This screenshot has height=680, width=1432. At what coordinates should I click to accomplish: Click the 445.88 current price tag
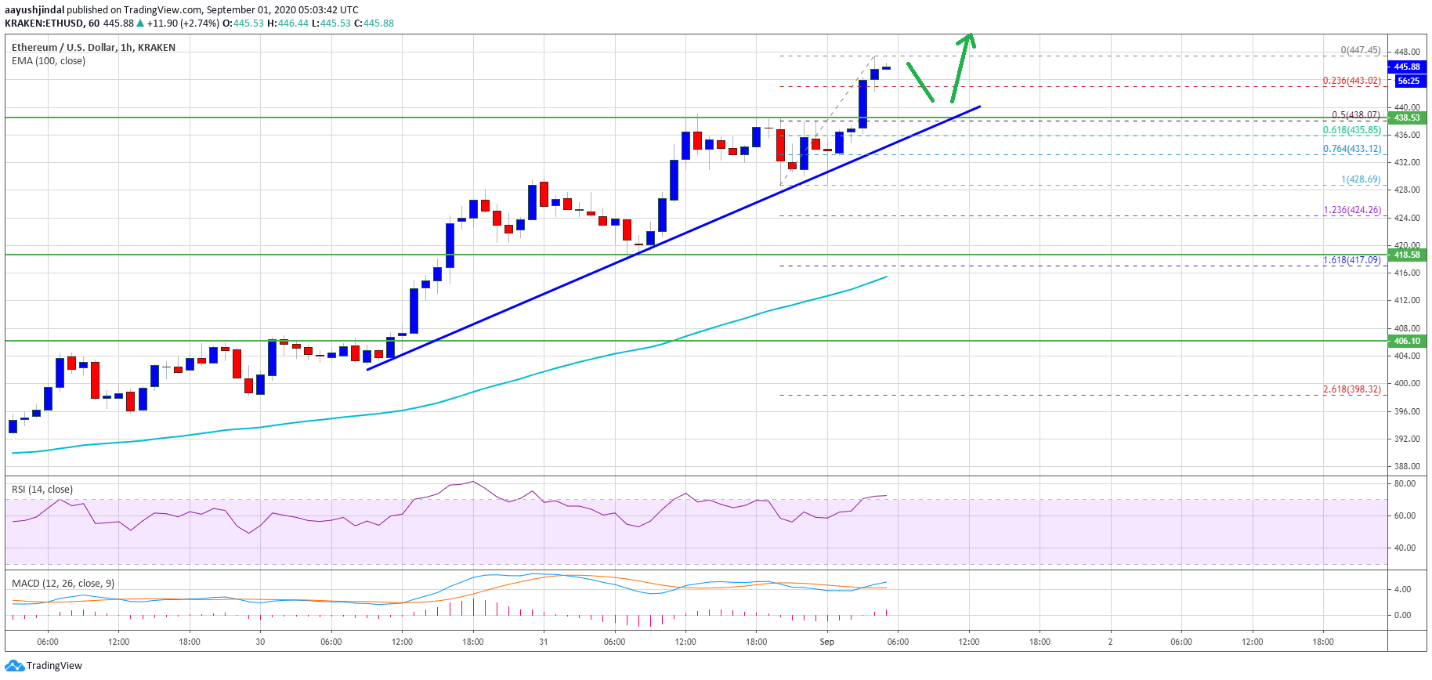pyautogui.click(x=1406, y=67)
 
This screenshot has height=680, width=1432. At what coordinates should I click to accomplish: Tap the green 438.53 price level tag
pyautogui.click(x=1406, y=118)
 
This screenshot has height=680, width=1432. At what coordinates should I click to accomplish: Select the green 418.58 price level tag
pyautogui.click(x=1406, y=255)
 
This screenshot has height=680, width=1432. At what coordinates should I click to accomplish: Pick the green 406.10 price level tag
pyautogui.click(x=1406, y=341)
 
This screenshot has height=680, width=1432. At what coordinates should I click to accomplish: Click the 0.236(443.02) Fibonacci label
pyautogui.click(x=1351, y=81)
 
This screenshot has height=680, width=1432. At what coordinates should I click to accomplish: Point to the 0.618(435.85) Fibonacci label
pyautogui.click(x=1351, y=130)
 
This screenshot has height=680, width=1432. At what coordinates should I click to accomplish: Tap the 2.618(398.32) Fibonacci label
pyautogui.click(x=1351, y=389)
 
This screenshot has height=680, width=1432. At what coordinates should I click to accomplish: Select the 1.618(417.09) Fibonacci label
pyautogui.click(x=1351, y=260)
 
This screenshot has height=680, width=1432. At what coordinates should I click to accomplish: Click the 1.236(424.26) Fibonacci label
pyautogui.click(x=1351, y=210)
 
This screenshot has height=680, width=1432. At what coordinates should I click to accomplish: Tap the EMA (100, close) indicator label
pyautogui.click(x=49, y=61)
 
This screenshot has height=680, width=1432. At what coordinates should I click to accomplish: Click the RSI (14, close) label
pyautogui.click(x=42, y=490)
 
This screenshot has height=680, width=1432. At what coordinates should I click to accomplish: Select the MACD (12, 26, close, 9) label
pyautogui.click(x=63, y=584)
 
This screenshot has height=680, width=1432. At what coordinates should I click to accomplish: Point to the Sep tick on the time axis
pyautogui.click(x=826, y=642)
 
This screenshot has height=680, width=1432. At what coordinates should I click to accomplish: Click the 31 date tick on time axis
pyautogui.click(x=543, y=642)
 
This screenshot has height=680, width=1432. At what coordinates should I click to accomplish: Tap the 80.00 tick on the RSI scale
pyautogui.click(x=1405, y=483)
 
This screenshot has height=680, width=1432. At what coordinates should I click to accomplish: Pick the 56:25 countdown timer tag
pyautogui.click(x=1408, y=81)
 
